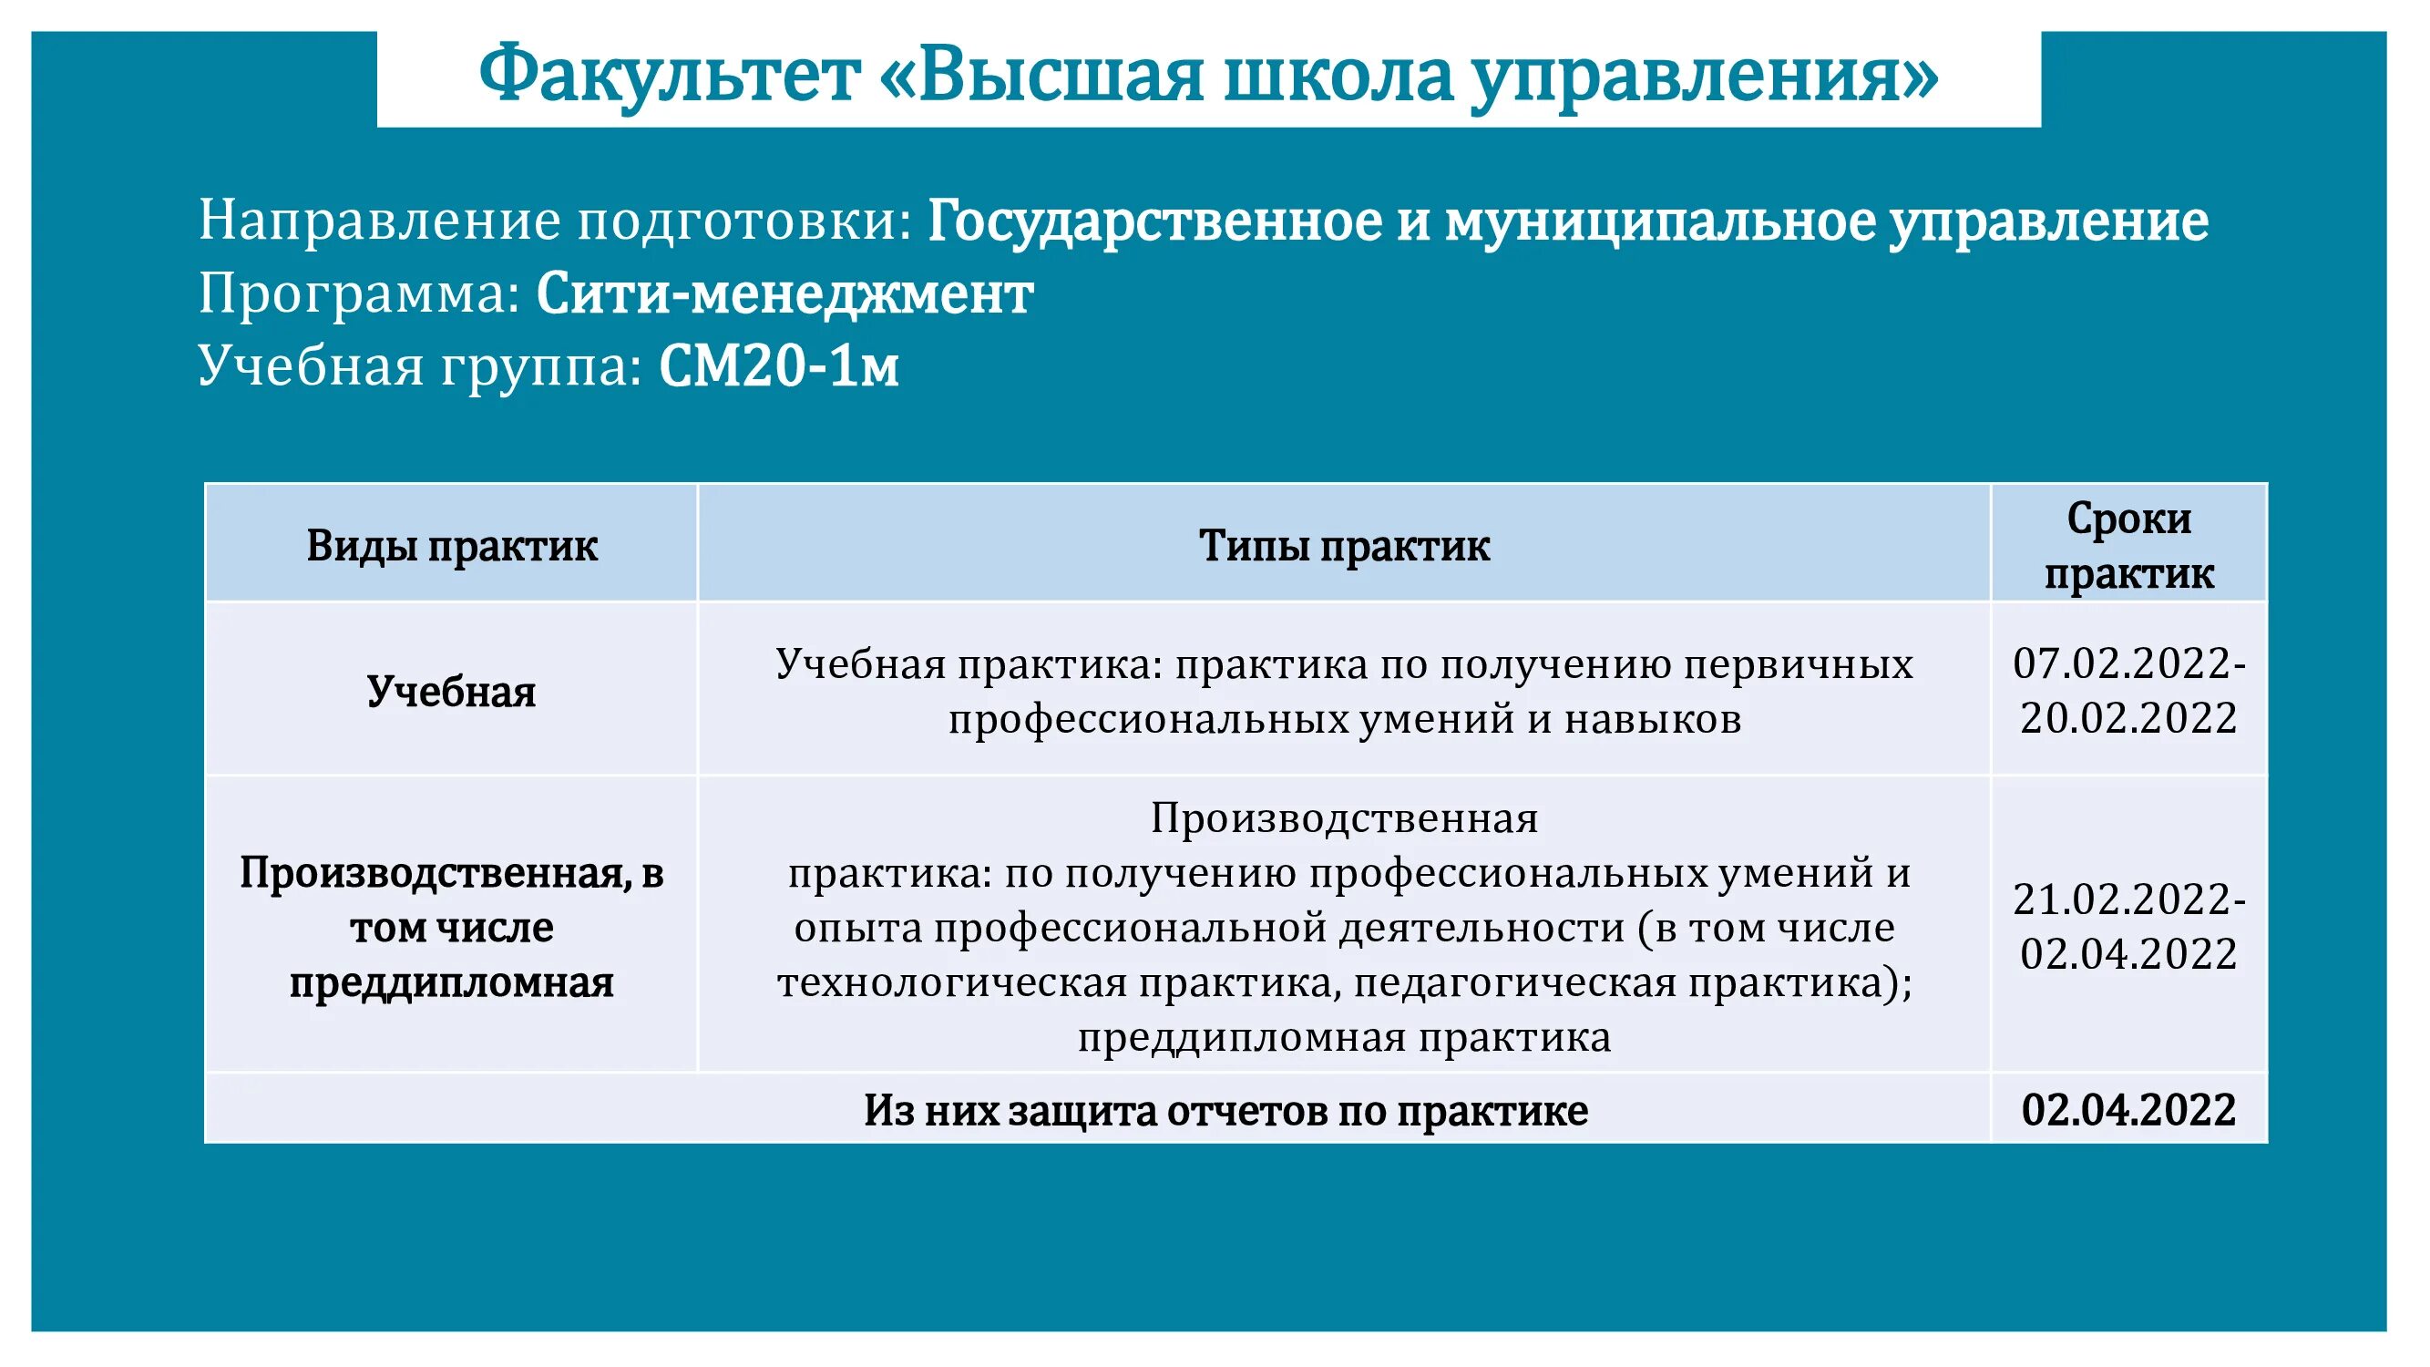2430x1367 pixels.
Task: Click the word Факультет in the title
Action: point(669,76)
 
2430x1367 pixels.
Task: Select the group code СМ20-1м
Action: point(778,367)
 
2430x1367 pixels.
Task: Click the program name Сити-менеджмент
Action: point(784,294)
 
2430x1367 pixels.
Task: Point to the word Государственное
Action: point(1154,221)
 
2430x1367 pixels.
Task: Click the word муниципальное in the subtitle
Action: point(1660,221)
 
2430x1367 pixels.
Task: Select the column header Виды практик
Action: point(452,546)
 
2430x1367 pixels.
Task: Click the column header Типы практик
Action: point(1344,546)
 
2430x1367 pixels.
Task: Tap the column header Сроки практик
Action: point(2129,545)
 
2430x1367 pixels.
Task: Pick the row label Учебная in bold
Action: point(451,692)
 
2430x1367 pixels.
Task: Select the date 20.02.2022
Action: point(2129,719)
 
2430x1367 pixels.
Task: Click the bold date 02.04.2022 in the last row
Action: point(2129,1109)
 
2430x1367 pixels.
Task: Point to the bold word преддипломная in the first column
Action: point(451,983)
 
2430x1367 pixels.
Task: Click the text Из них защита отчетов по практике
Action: point(1225,1110)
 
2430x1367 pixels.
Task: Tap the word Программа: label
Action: point(359,294)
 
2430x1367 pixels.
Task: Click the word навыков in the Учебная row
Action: point(1653,719)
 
